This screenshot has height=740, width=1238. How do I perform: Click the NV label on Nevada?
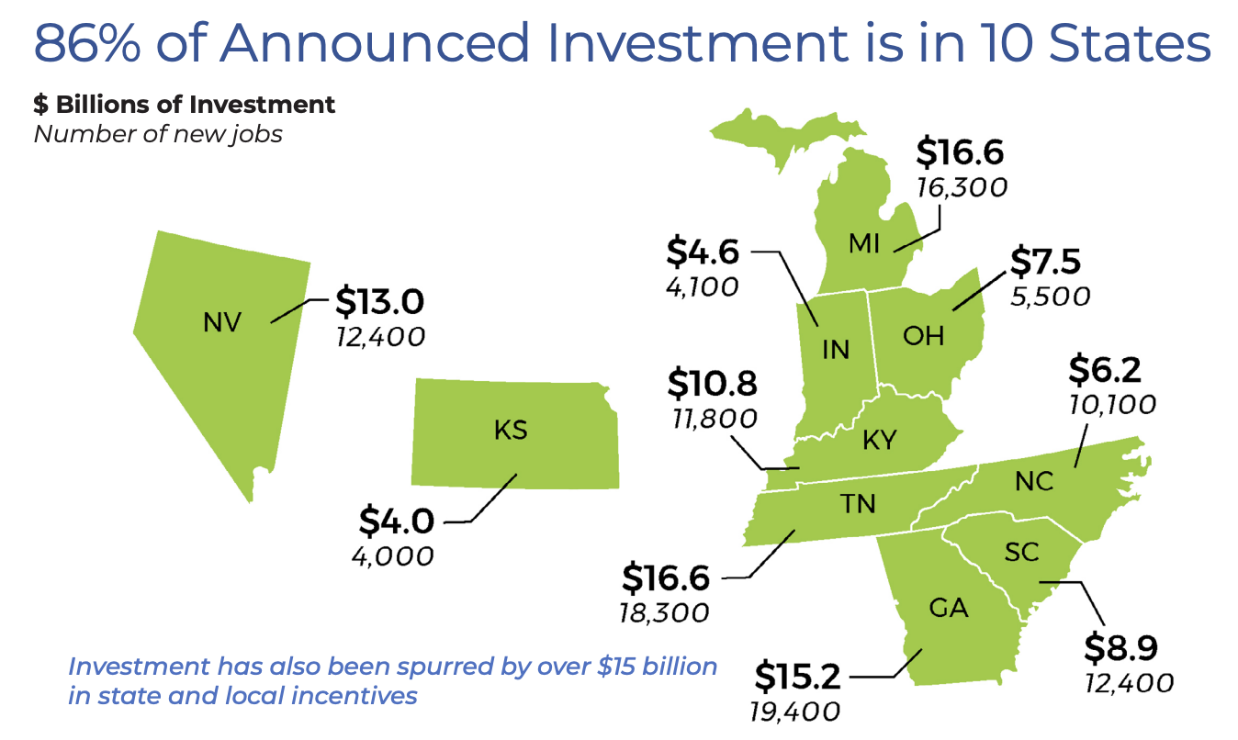222,322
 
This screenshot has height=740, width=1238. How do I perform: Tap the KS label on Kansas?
511,430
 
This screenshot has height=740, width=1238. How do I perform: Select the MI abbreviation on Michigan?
865,243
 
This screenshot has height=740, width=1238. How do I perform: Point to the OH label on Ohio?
923,336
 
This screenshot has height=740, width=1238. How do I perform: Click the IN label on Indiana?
836,350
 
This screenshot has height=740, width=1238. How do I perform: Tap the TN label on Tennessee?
858,503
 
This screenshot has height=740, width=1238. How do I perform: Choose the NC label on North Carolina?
1035,481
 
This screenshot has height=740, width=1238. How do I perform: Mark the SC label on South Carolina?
1021,552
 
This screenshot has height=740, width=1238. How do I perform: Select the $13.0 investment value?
378,301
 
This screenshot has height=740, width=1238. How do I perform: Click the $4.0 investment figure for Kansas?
396,521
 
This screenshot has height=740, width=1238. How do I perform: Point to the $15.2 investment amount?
797,677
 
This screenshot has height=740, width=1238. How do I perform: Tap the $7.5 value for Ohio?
1045,262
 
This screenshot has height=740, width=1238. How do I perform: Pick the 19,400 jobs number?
795,712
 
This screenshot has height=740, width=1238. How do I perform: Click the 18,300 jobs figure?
665,612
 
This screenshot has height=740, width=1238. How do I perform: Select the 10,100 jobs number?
1112,404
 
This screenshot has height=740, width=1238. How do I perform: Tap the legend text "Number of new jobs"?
158,134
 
